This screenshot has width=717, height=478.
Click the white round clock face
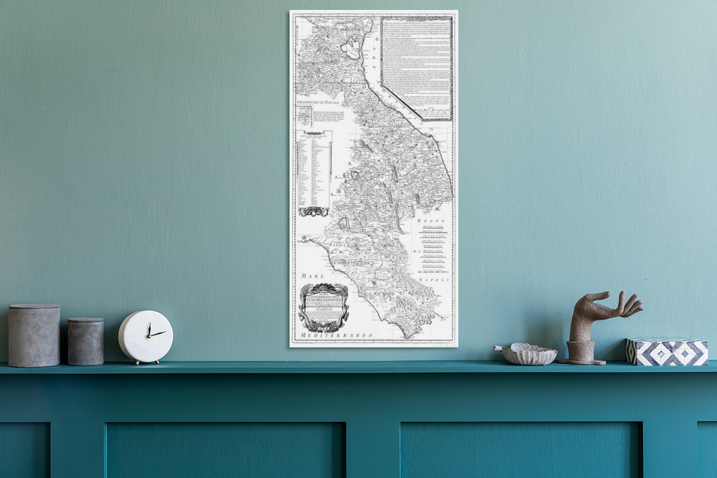point(146,336)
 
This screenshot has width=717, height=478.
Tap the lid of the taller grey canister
point(34,308)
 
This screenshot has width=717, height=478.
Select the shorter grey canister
point(85,341)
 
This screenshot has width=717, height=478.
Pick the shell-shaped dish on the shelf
point(528,354)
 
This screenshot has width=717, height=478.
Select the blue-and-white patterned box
point(667,351)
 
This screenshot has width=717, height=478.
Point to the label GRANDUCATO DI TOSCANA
point(318,103)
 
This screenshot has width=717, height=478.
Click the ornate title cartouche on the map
point(324,307)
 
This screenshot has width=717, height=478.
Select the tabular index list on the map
point(314,171)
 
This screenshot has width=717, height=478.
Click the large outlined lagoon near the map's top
point(352,49)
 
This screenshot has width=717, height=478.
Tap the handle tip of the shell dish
point(498,348)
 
